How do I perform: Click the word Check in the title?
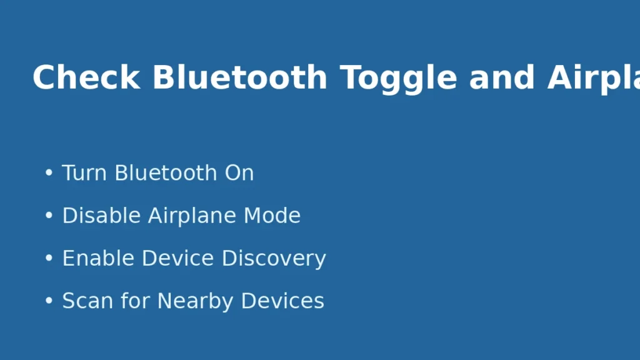(x=86, y=78)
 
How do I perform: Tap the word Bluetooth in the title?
(x=239, y=78)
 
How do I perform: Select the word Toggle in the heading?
(x=399, y=78)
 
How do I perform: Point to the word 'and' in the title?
(x=502, y=78)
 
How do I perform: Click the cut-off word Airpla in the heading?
(x=594, y=78)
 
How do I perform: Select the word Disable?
(x=101, y=216)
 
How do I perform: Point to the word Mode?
(x=272, y=216)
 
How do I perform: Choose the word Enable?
(x=98, y=258)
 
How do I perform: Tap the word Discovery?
(x=274, y=258)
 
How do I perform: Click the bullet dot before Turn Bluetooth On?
(x=49, y=174)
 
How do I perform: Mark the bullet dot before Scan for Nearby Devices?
(x=49, y=301)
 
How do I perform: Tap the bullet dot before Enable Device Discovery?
(x=49, y=259)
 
